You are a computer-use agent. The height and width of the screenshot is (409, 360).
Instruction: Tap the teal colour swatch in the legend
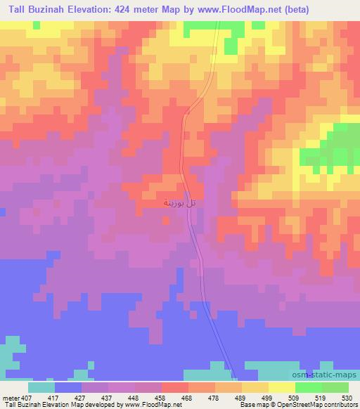tap(41, 387)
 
